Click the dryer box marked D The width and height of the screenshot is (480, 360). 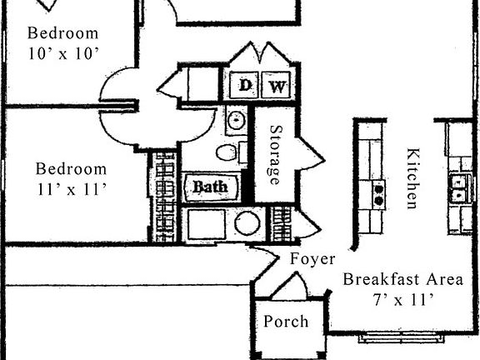click(x=245, y=85)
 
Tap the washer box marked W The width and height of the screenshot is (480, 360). click(x=277, y=85)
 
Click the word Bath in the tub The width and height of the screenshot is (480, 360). click(x=210, y=187)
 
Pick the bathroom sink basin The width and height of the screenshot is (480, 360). click(x=237, y=120)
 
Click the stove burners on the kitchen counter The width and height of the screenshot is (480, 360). click(x=378, y=194)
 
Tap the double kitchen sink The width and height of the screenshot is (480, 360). click(x=457, y=188)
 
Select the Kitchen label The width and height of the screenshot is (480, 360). click(x=412, y=178)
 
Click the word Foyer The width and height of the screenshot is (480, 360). click(x=312, y=259)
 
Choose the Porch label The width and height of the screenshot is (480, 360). click(x=286, y=322)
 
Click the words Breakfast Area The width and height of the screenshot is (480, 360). click(x=402, y=279)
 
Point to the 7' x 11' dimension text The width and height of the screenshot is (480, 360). click(x=403, y=299)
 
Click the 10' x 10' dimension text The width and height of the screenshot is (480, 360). click(x=62, y=54)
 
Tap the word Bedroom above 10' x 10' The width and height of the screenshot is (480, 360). click(x=62, y=33)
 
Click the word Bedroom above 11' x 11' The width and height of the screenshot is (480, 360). click(x=71, y=169)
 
